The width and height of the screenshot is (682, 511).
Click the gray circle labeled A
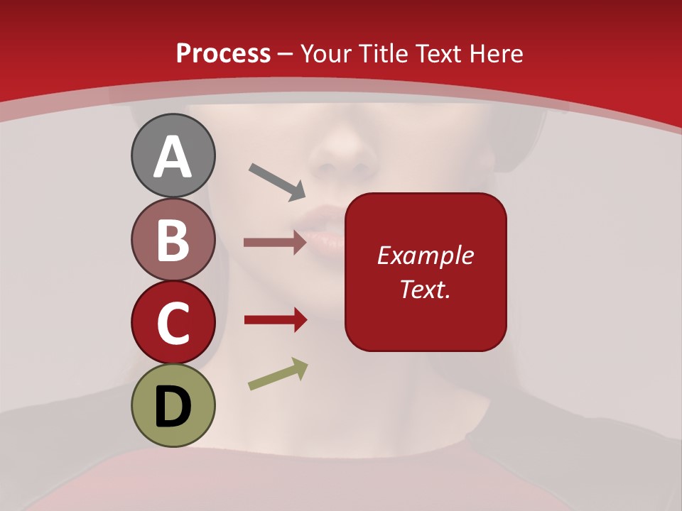(x=173, y=155)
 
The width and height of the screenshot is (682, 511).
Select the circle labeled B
(x=173, y=239)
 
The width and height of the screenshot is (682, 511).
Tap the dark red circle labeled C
(x=173, y=323)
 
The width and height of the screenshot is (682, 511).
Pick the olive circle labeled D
(x=173, y=406)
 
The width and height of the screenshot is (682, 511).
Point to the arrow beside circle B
(x=275, y=243)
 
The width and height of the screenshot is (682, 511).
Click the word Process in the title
(x=223, y=54)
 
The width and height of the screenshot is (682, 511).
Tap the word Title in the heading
(x=382, y=54)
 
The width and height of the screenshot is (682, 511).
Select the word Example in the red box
(x=426, y=255)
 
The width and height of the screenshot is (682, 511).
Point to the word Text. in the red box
(x=426, y=290)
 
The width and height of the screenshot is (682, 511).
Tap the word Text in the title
(x=438, y=54)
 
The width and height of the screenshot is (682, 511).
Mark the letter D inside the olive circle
(x=173, y=407)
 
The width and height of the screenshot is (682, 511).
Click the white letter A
(x=173, y=156)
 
